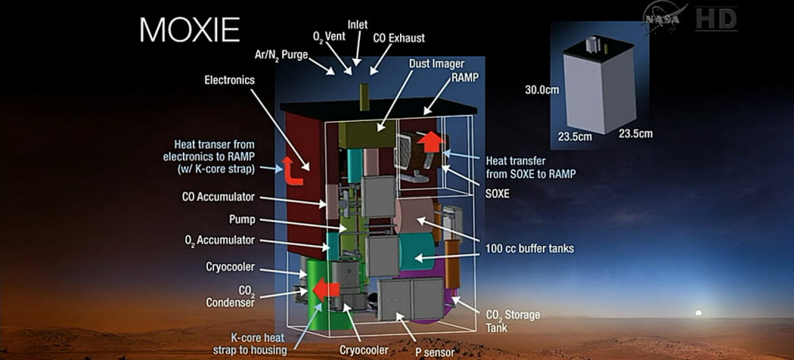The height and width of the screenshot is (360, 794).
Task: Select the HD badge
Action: tap(715, 18)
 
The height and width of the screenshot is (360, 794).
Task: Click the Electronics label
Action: tap(229, 80)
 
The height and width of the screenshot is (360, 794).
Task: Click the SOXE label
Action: tap(496, 193)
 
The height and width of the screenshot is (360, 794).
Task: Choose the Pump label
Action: tap(241, 219)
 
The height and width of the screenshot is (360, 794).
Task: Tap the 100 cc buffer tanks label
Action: tap(529, 248)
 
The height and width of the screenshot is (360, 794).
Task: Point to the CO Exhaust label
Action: tap(398, 37)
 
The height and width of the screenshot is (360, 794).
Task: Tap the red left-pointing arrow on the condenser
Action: tap(326, 290)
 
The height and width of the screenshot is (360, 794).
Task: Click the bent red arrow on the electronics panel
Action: tap(294, 170)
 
